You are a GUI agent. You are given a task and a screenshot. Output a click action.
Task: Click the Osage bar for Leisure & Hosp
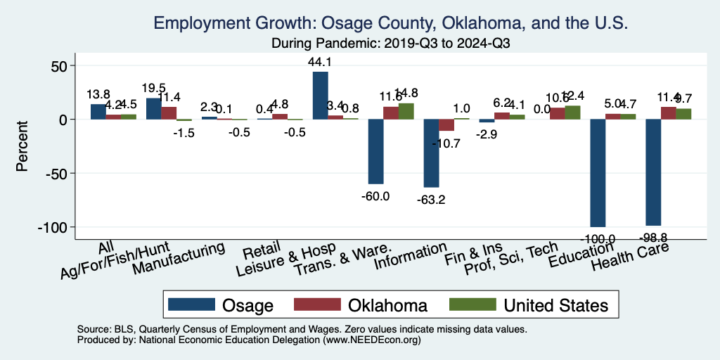(x=320, y=96)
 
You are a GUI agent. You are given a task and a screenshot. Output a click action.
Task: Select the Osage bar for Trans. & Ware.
(x=375, y=151)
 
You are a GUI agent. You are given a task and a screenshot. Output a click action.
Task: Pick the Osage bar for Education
(x=598, y=173)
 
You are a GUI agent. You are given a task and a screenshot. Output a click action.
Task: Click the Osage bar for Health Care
(x=653, y=172)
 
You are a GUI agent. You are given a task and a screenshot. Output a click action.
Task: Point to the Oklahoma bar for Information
(x=446, y=125)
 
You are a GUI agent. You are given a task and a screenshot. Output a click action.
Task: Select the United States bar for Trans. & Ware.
(x=406, y=111)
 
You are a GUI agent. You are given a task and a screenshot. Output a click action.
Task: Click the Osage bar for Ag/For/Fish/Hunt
(x=153, y=108)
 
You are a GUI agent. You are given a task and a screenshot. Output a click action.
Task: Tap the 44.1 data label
(x=320, y=62)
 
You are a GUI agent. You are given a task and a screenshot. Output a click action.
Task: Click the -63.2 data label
(x=430, y=200)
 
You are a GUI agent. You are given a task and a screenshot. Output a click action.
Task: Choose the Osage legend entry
(x=225, y=304)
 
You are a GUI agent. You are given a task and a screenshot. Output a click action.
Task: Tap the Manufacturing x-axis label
(x=179, y=259)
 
